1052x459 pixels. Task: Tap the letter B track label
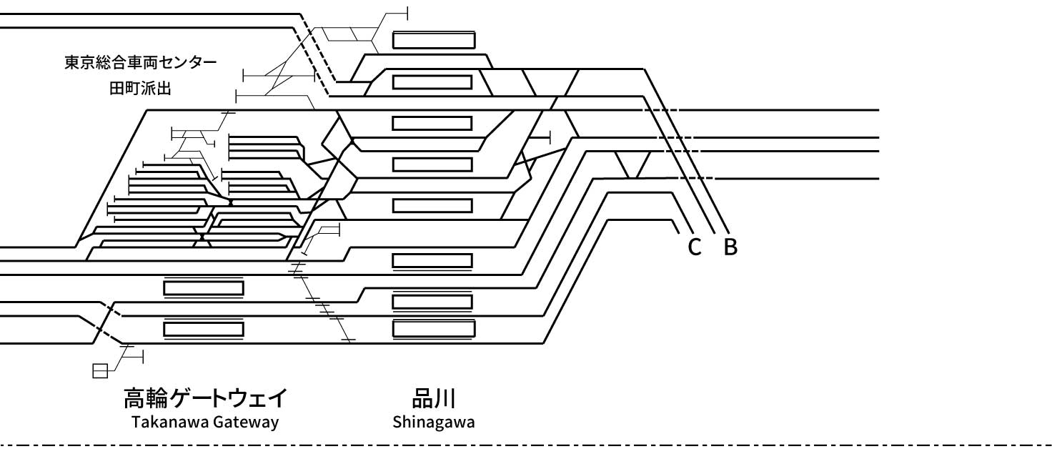coord(730,247)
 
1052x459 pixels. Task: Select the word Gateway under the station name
coord(245,422)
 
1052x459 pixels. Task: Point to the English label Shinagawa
coord(433,422)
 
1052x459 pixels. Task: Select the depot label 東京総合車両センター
coord(140,63)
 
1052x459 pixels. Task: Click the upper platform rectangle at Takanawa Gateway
coord(204,287)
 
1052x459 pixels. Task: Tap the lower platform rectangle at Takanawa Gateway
coord(204,329)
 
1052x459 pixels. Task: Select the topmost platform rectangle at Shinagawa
coord(433,39)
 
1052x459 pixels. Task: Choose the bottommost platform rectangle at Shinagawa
coord(433,329)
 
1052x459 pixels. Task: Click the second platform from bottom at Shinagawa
coord(433,301)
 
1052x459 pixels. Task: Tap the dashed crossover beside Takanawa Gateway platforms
coord(106,322)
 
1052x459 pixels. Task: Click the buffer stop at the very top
coord(407,13)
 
